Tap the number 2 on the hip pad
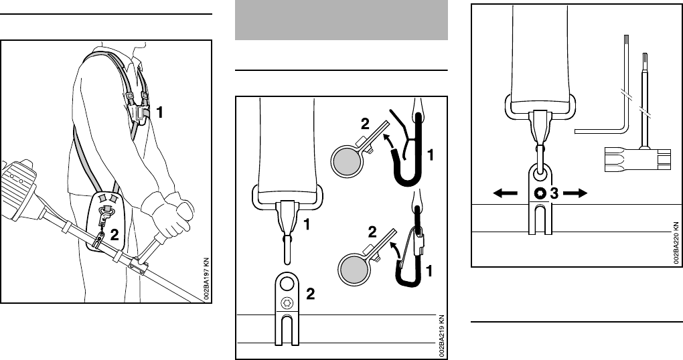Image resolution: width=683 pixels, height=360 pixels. [x=116, y=234]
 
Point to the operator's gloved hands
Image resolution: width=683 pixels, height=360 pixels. [x=173, y=212]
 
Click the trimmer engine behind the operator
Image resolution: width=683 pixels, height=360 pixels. [x=20, y=184]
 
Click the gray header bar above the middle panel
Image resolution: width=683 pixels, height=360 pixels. [x=341, y=20]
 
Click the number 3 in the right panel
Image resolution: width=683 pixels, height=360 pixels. [x=553, y=193]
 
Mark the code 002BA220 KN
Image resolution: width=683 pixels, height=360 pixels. [x=676, y=241]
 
